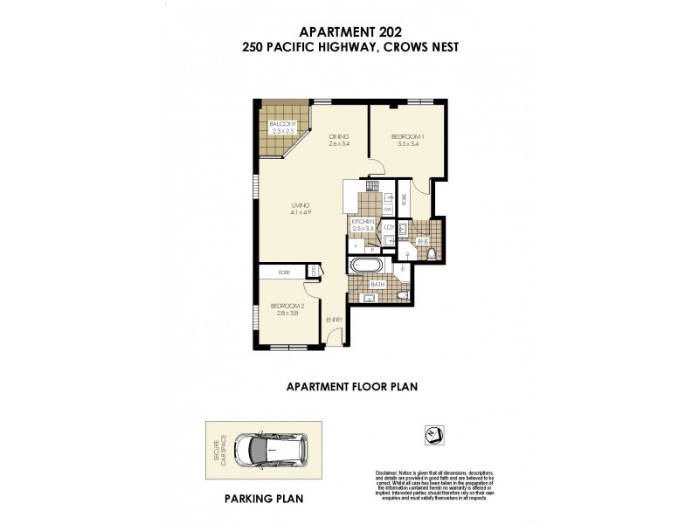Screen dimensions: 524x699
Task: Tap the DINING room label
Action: click(339, 137)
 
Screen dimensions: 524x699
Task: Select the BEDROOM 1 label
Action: click(407, 137)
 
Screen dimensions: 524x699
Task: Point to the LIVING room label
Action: click(301, 206)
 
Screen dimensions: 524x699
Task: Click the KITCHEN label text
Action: click(363, 223)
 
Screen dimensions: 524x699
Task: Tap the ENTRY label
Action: click(334, 320)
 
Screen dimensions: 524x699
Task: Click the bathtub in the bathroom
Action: click(365, 267)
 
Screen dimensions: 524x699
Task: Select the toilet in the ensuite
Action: click(432, 254)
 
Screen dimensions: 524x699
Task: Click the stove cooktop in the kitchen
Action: click(370, 184)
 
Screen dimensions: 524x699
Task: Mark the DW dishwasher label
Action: click(387, 210)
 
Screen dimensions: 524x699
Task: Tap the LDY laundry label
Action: click(387, 228)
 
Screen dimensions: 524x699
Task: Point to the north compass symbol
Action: click(430, 431)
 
